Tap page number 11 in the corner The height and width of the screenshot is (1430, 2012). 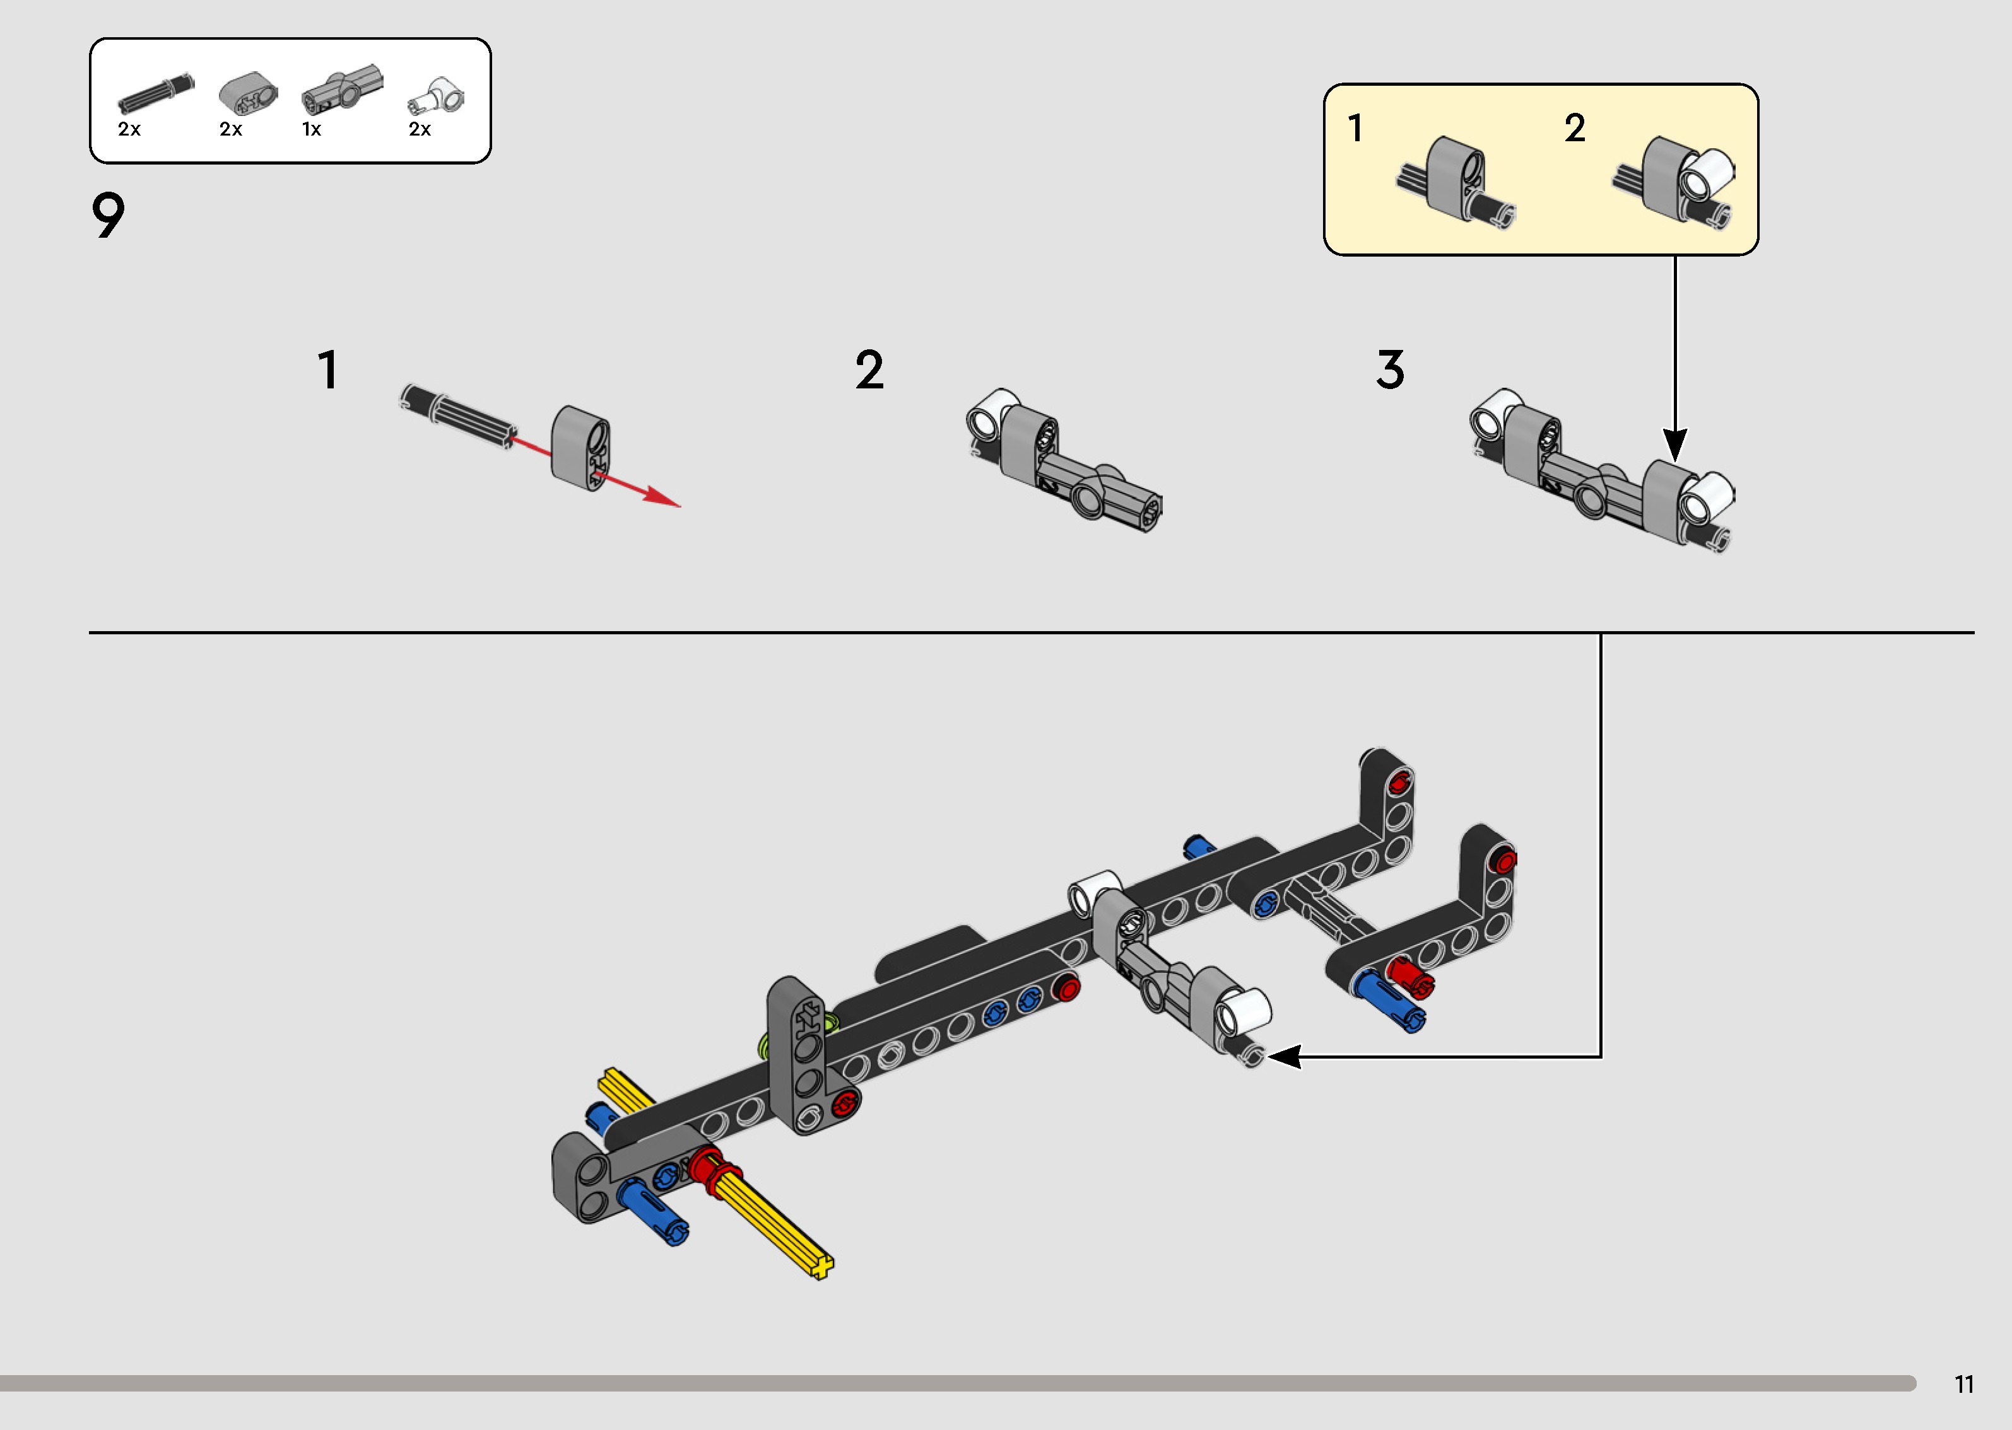tap(1963, 1384)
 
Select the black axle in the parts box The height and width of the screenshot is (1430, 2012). tap(156, 93)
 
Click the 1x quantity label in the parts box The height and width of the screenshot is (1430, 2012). tap(312, 129)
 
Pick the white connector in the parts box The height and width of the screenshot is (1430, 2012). tap(437, 96)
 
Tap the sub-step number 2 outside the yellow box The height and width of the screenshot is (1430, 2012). tap(869, 370)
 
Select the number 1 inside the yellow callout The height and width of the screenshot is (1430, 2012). tap(1356, 129)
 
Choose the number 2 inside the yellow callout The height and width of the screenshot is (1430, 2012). tap(1575, 129)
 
